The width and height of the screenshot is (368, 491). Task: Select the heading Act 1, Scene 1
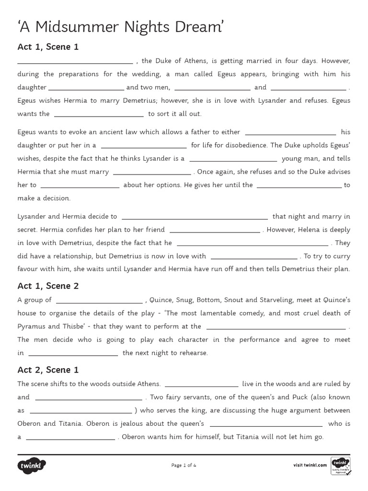[48, 47]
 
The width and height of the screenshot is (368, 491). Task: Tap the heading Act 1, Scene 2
[48, 286]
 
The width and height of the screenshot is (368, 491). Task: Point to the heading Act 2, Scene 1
[48, 370]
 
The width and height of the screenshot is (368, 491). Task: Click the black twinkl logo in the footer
[32, 465]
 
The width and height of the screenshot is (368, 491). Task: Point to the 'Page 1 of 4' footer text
[184, 465]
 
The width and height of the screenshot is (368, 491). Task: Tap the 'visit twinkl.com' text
[310, 465]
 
